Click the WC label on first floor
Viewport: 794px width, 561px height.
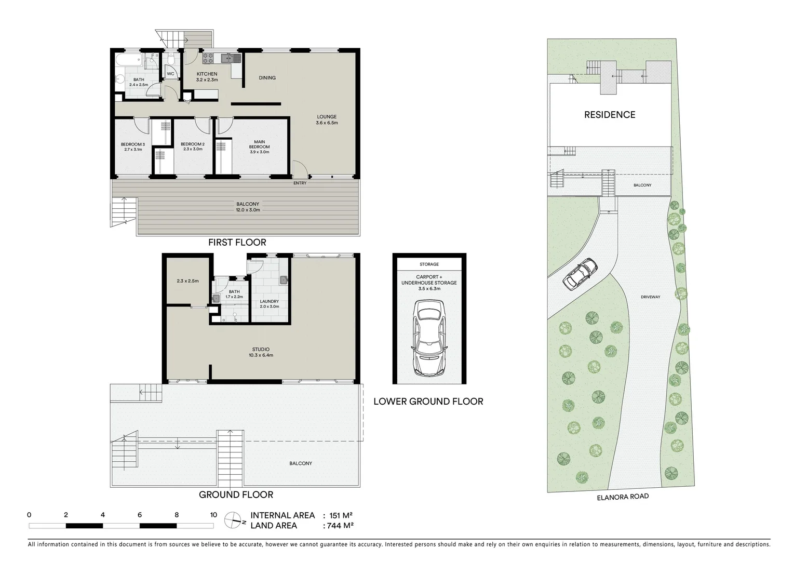170,74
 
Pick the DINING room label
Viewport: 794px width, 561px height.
267,78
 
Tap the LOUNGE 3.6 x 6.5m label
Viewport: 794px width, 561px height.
327,119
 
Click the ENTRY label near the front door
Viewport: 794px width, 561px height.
300,183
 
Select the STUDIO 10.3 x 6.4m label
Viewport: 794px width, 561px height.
261,352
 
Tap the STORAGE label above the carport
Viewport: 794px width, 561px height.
429,264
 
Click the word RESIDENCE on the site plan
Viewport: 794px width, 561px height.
610,115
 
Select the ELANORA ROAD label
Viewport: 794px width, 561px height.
623,497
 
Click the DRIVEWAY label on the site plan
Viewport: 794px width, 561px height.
650,297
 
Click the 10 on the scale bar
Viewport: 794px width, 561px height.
213,515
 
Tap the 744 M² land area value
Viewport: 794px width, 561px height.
338,526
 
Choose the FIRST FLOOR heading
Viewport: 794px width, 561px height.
237,242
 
